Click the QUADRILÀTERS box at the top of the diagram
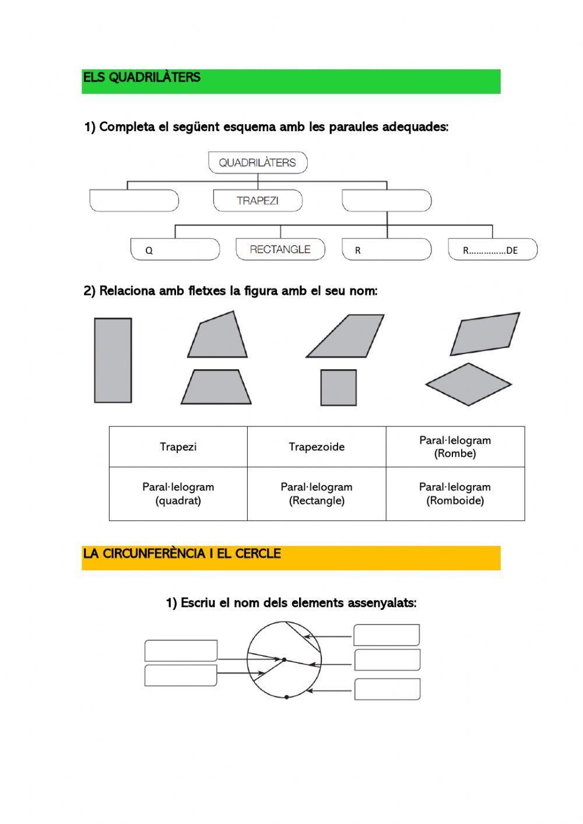258,163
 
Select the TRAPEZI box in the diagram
258,201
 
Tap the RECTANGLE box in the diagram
280,249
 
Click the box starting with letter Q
175,250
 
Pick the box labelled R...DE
492,250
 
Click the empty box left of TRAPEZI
134,201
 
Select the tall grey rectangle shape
113,360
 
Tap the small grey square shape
338,388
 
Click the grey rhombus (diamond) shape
468,384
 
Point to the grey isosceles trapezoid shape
216,387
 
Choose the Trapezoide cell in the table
317,447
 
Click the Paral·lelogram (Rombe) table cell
455,447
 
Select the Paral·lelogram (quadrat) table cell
178,493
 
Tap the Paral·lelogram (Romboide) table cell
455,493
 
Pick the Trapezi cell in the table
178,447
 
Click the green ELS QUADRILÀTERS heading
291,81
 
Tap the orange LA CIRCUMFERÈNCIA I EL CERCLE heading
291,557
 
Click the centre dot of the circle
284,660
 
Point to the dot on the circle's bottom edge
286,697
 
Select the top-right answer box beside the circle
387,635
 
